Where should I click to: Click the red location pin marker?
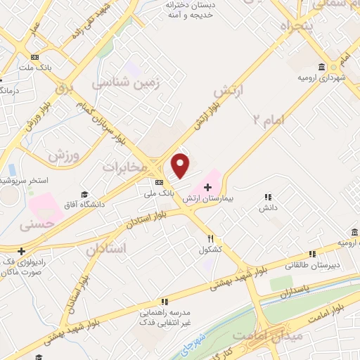181,165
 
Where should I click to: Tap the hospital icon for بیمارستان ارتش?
207,187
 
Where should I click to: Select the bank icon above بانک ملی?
159,182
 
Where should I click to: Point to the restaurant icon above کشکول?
211,238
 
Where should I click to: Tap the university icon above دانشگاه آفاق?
85,194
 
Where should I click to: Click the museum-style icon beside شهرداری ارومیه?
321,67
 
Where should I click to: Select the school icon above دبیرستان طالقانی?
312,255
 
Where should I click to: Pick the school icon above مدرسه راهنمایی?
163,301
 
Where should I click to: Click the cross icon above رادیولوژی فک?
22,251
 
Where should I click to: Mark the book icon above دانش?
267,198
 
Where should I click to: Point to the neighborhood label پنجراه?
285,30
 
